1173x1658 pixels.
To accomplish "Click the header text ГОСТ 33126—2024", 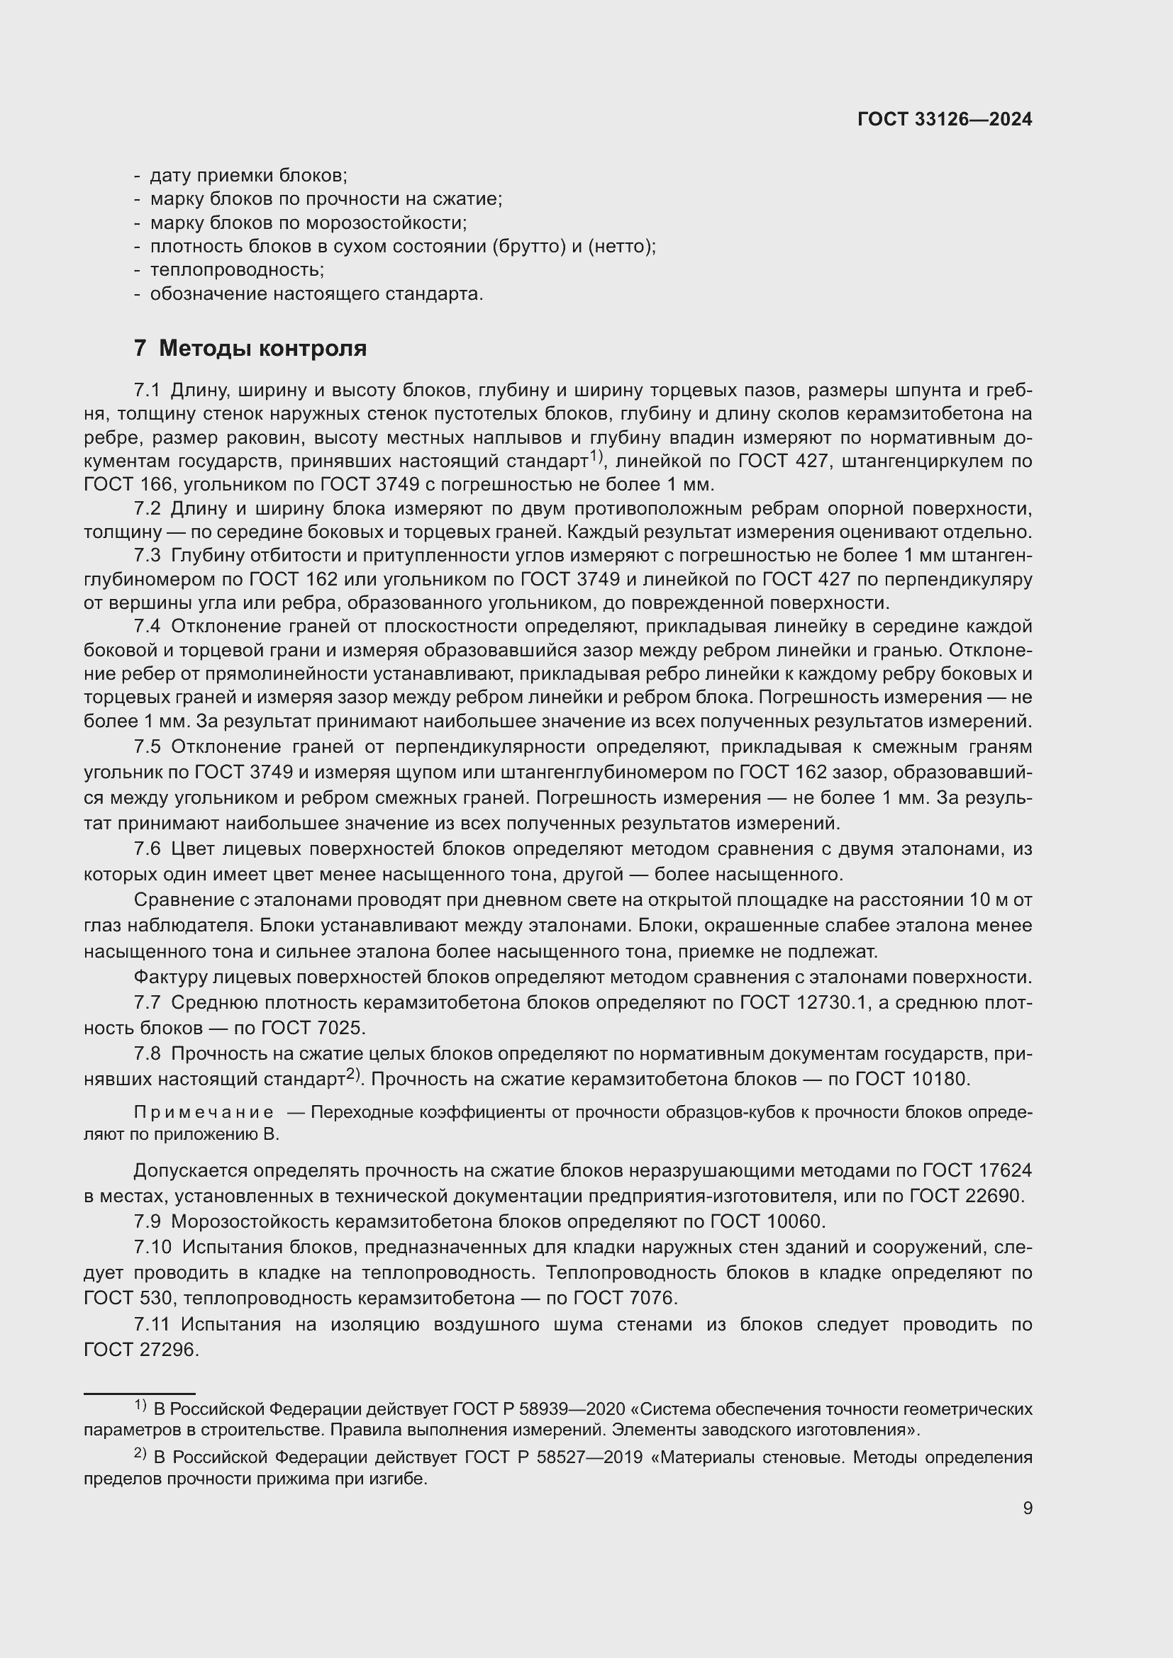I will [944, 119].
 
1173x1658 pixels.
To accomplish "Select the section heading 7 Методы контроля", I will [250, 348].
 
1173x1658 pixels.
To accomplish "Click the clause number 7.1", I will [147, 391].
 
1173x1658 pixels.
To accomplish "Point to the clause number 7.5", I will [147, 746].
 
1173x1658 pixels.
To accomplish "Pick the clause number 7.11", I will [151, 1324].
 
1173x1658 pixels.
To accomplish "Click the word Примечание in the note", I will [204, 1112].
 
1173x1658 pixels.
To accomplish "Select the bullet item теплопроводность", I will [237, 270].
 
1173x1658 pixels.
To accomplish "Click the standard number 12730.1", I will [825, 1002].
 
